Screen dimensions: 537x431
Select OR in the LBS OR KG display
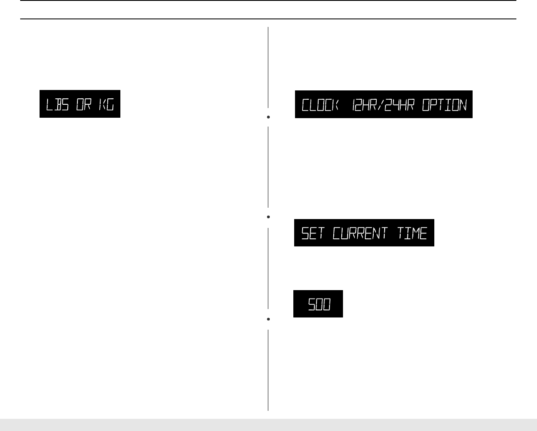point(83,104)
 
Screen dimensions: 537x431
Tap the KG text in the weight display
point(106,104)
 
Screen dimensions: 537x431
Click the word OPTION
point(444,105)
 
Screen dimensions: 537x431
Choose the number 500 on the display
point(319,304)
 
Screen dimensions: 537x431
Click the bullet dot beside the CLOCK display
point(268,117)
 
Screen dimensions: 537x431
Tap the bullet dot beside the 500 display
point(268,320)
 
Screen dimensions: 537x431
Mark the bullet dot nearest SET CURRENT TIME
point(268,217)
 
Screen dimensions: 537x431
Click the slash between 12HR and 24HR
point(380,105)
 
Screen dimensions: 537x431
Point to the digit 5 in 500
point(312,304)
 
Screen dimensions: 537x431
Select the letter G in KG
point(110,104)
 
